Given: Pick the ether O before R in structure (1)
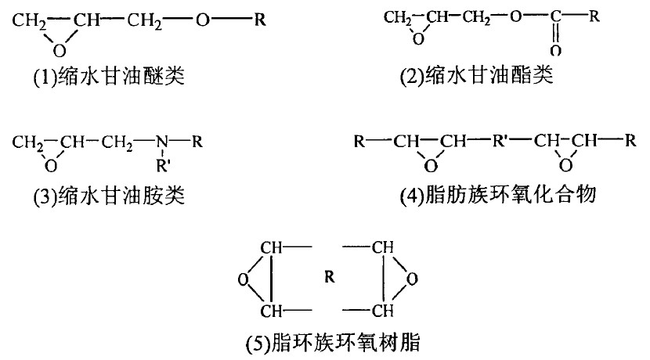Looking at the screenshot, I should coord(202,18).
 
